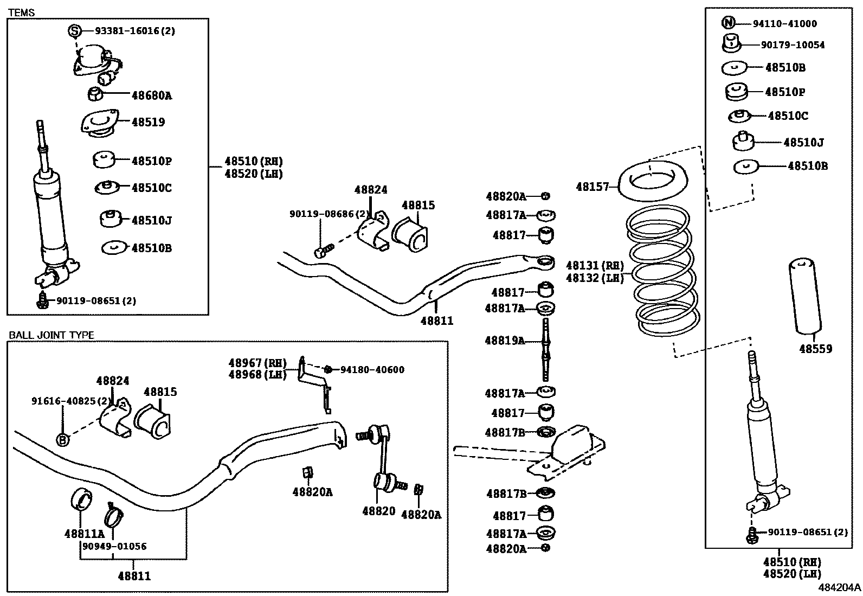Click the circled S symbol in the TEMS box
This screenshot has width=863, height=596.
[x=74, y=31]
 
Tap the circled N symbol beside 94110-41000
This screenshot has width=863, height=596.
[x=728, y=23]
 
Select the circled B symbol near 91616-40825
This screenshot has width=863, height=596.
[x=63, y=440]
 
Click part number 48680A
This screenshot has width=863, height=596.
[x=151, y=95]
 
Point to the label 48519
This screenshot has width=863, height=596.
[x=148, y=122]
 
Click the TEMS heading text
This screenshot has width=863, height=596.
[x=22, y=12]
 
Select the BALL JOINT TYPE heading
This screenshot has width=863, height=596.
[x=51, y=335]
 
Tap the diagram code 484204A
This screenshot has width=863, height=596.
[x=839, y=587]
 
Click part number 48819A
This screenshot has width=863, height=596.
[x=505, y=341]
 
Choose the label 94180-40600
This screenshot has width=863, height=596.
[x=372, y=370]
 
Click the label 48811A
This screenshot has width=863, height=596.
[x=84, y=534]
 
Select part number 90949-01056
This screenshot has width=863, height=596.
[x=114, y=546]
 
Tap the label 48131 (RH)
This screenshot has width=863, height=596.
[x=595, y=265]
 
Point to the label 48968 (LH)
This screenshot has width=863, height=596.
[x=257, y=374]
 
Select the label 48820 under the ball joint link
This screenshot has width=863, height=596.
[x=378, y=511]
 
